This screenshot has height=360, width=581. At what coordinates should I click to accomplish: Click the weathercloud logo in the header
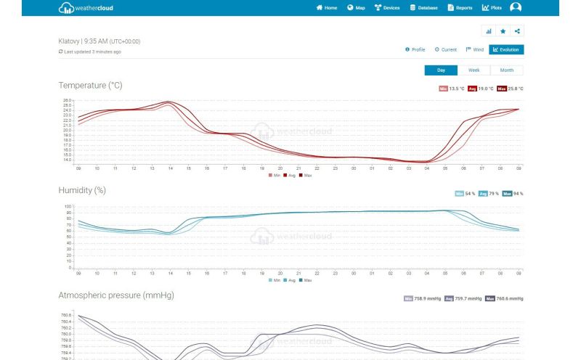tap(86, 8)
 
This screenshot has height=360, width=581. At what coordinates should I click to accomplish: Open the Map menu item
tap(356, 8)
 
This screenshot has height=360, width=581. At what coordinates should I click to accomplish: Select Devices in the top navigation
tap(387, 8)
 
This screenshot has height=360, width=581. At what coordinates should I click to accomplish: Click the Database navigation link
tap(424, 8)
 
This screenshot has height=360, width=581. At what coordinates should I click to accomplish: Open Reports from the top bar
tap(460, 8)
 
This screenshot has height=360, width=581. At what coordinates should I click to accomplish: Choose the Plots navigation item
tap(492, 8)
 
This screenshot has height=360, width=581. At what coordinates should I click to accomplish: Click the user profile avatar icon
tap(516, 7)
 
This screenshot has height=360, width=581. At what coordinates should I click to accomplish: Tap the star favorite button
tap(503, 31)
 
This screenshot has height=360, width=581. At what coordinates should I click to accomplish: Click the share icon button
tap(516, 31)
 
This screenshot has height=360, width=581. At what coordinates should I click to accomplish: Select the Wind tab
tap(474, 49)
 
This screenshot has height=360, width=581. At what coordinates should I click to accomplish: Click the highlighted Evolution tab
tap(506, 49)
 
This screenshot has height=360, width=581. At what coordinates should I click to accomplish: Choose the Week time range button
tap(474, 70)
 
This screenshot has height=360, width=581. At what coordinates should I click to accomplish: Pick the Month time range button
tap(506, 70)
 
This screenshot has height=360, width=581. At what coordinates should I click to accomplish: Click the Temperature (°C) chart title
tap(90, 86)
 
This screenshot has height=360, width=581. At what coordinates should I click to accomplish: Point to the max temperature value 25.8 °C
tap(514, 89)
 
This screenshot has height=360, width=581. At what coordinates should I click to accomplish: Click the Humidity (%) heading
tap(82, 190)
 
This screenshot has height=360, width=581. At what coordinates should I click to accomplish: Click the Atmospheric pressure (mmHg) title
tap(116, 295)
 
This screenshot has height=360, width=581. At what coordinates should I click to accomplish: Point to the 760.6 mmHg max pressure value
tap(511, 298)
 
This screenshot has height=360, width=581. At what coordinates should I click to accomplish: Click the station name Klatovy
tap(69, 41)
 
